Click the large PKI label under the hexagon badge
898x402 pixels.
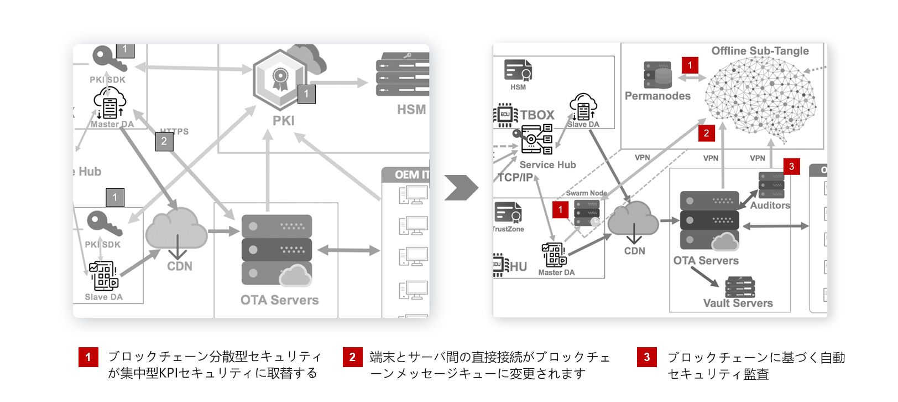[283, 121]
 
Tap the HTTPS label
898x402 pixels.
[175, 131]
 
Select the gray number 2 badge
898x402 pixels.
[164, 141]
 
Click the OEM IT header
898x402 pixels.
[410, 175]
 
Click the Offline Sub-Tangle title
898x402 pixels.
[760, 51]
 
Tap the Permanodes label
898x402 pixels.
[657, 96]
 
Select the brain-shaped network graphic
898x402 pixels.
[761, 100]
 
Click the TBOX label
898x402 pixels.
[537, 115]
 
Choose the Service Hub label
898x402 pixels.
[547, 165]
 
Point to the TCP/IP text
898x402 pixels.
[515, 178]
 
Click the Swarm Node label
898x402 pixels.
[586, 193]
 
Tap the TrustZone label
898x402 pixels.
[508, 229]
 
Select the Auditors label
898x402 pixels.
[770, 205]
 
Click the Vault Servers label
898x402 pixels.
[738, 303]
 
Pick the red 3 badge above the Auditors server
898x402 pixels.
[791, 166]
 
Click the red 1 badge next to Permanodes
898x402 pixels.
[690, 65]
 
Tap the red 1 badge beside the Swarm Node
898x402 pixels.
[560, 209]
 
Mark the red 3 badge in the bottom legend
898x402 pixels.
[646, 357]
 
